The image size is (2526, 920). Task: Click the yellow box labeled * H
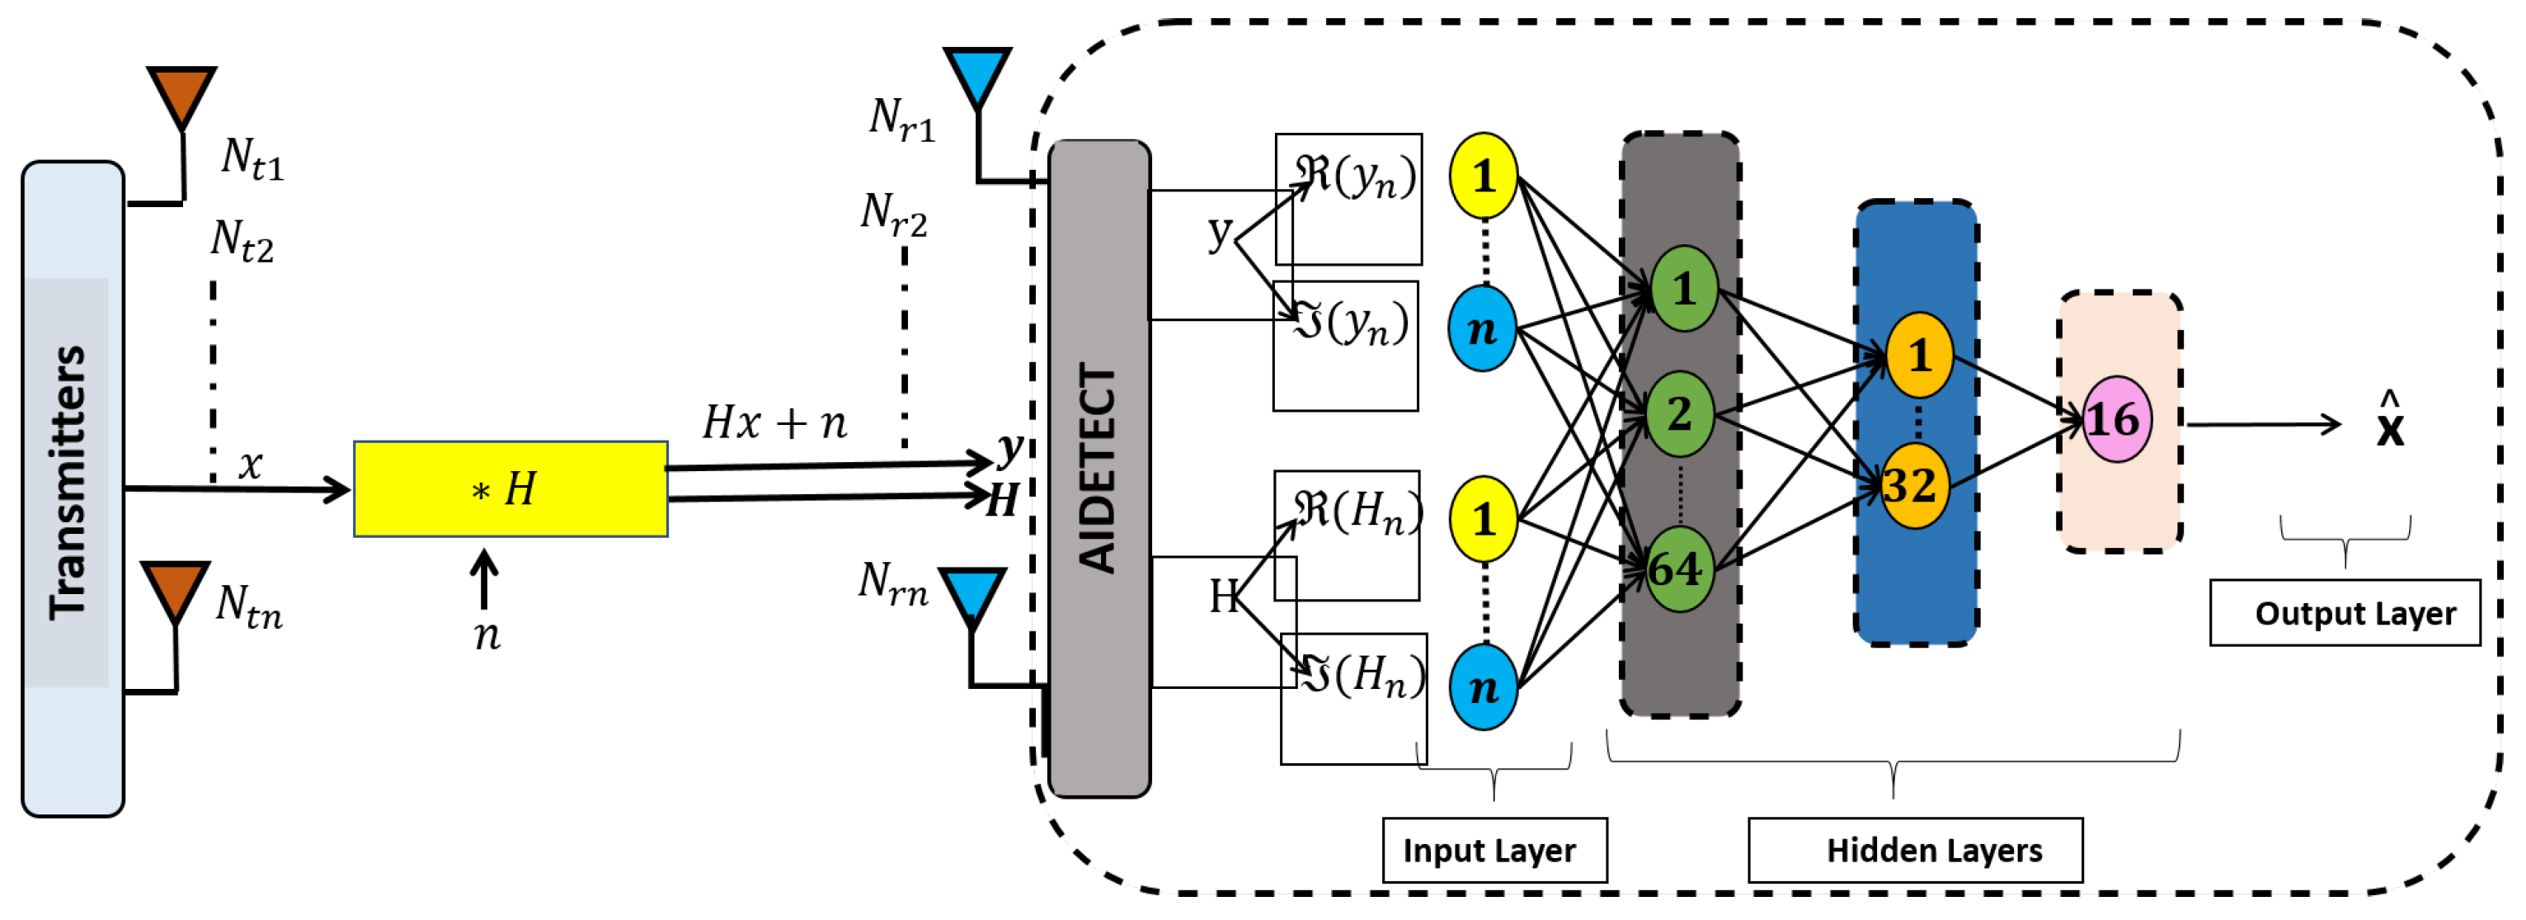pyautogui.click(x=510, y=488)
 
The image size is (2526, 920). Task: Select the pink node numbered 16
pyautogui.click(x=2116, y=420)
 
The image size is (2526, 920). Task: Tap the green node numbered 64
pyautogui.click(x=1679, y=568)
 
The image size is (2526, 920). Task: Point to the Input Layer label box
pyautogui.click(x=1493, y=849)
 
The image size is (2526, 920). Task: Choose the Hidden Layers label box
pyautogui.click(x=1914, y=849)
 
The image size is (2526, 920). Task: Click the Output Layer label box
pyautogui.click(x=2344, y=613)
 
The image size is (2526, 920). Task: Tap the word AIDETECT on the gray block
pyautogui.click(x=1098, y=468)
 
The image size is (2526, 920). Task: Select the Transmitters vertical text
pyautogui.click(x=68, y=482)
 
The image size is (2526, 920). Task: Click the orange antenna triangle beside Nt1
pyautogui.click(x=181, y=92)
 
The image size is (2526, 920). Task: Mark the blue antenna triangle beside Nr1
pyautogui.click(x=976, y=73)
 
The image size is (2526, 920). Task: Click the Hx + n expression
pyautogui.click(x=774, y=422)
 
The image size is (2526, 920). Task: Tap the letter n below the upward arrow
pyautogui.click(x=487, y=635)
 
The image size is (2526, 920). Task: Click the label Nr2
pyautogui.click(x=892, y=214)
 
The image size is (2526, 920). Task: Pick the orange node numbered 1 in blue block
pyautogui.click(x=1919, y=355)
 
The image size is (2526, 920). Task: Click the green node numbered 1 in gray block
pyautogui.click(x=1684, y=288)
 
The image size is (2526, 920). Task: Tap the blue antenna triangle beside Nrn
pyautogui.click(x=971, y=593)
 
